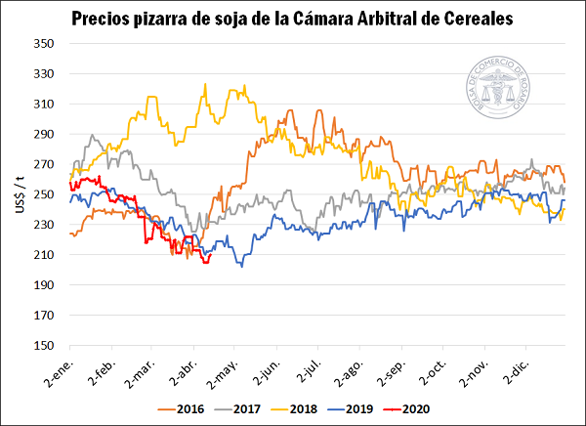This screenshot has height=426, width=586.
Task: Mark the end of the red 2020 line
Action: (211, 256)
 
